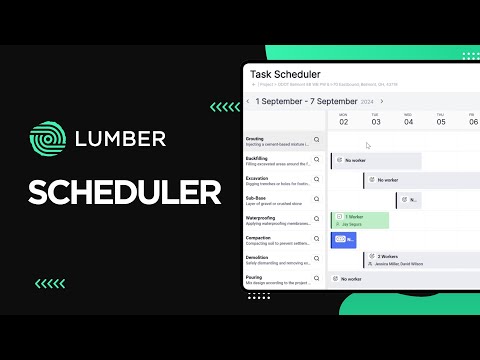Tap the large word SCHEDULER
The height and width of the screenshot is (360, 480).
point(125,191)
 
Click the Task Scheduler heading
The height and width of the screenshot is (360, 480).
point(285,74)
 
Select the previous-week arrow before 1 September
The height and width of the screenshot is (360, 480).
point(248,101)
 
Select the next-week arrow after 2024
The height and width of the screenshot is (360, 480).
point(381,101)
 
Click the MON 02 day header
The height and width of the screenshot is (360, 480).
point(344,120)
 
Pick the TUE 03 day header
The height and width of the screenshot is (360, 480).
point(376,120)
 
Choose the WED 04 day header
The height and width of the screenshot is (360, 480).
point(408,120)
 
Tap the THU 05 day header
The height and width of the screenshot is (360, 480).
point(440,120)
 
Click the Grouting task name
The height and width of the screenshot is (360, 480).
point(257,138)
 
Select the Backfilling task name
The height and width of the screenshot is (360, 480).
point(259,158)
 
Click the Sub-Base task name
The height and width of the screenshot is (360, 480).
point(257,198)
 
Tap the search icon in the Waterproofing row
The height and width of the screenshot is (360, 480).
point(317,221)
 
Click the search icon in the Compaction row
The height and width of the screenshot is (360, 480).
point(317,241)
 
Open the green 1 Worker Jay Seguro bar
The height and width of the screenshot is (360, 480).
point(360,220)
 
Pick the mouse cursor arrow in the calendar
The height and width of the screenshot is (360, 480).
point(368,146)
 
